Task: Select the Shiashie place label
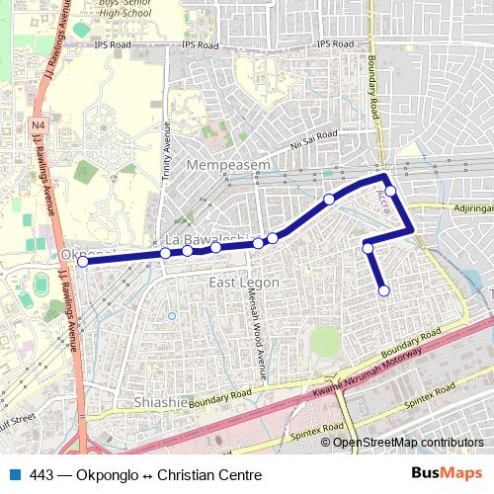pyautogui.click(x=160, y=402)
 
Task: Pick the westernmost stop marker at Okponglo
pyautogui.click(x=83, y=262)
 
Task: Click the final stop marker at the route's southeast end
pyautogui.click(x=383, y=289)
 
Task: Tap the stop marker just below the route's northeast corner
pyautogui.click(x=390, y=191)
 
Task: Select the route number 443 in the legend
pyautogui.click(x=41, y=475)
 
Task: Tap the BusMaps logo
pyautogui.click(x=448, y=474)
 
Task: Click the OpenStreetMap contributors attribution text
pyautogui.click(x=407, y=442)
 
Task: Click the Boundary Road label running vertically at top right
pyautogui.click(x=375, y=84)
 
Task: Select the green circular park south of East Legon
pyautogui.click(x=325, y=342)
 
